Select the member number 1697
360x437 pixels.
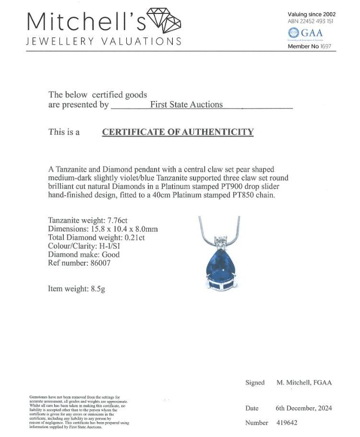pyautogui.click(x=325, y=47)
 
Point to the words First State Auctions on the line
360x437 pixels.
pyautogui.click(x=187, y=105)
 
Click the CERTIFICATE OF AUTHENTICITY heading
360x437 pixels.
pyautogui.click(x=178, y=132)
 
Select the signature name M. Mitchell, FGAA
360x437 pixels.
pyautogui.click(x=304, y=382)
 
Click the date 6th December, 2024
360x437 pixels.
pyautogui.click(x=304, y=408)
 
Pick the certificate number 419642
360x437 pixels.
pyautogui.click(x=287, y=423)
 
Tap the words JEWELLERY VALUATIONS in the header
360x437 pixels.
pyautogui.click(x=104, y=41)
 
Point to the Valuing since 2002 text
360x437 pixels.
pyautogui.click(x=311, y=14)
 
